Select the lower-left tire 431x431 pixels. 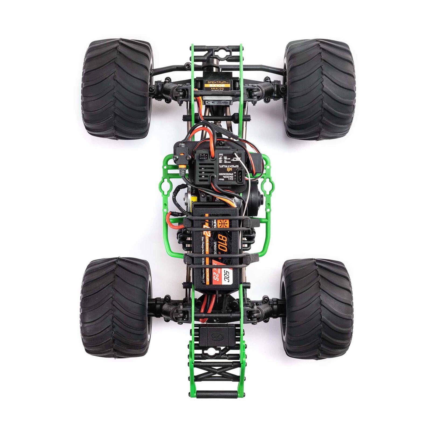point(116,307)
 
